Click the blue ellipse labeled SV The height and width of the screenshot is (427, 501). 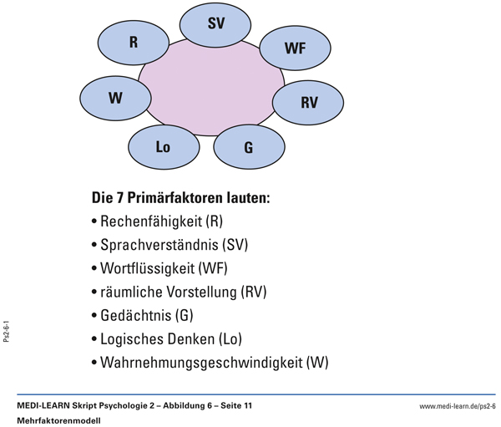[215, 25]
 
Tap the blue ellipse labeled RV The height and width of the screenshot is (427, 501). [308, 102]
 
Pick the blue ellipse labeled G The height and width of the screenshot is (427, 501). [248, 147]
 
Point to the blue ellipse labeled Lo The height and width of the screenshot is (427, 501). [164, 147]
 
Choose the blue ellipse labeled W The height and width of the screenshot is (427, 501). [115, 97]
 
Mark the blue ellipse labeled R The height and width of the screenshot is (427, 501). [134, 41]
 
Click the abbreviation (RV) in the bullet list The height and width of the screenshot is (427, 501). [254, 292]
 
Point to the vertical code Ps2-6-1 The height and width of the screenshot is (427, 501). [7, 329]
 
